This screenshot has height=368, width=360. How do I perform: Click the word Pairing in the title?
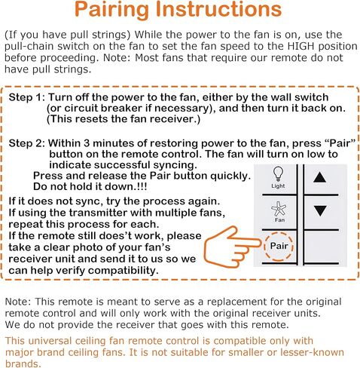click(x=111, y=10)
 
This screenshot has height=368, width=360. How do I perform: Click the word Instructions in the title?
click(x=218, y=9)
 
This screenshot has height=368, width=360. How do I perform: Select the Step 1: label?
click(x=27, y=97)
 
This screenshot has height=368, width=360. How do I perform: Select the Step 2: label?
click(x=27, y=143)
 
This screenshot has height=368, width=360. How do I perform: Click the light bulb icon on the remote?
click(x=278, y=173)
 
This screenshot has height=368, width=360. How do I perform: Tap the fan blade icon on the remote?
click(x=279, y=209)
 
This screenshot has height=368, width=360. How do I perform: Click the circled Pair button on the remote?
click(x=279, y=246)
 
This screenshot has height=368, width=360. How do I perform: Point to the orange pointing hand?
click(x=231, y=247)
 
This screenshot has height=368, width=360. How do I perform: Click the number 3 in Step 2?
click(x=87, y=143)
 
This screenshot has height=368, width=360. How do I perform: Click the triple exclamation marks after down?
click(x=142, y=186)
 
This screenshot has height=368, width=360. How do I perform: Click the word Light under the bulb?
click(x=278, y=186)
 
